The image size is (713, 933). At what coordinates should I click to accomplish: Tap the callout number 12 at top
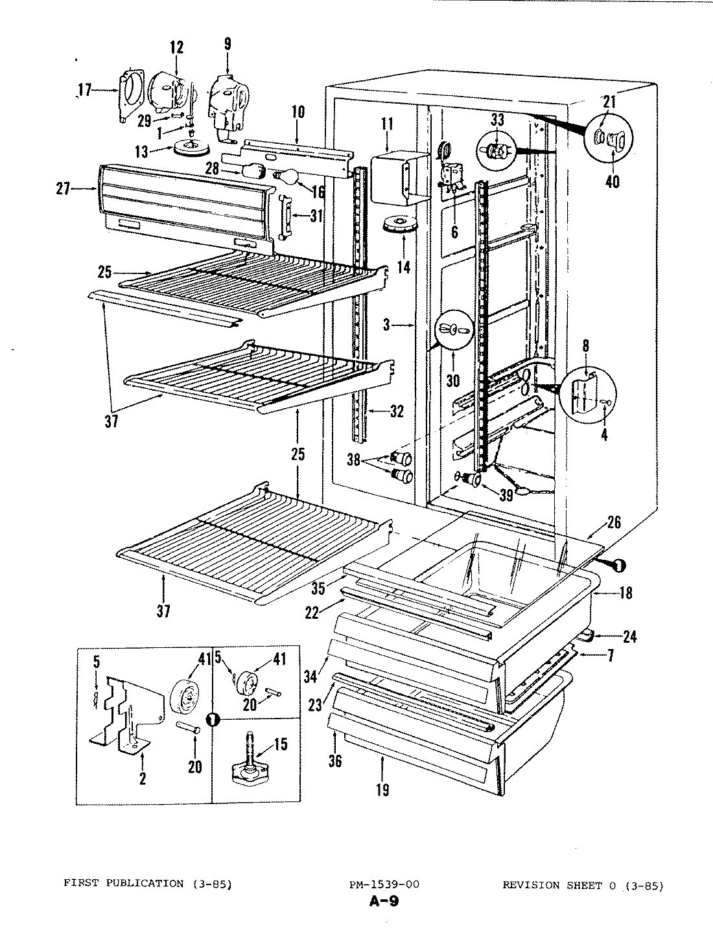pyautogui.click(x=177, y=47)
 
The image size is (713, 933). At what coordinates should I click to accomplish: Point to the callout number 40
pyautogui.click(x=612, y=181)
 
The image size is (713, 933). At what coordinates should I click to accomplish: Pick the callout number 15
pyautogui.click(x=280, y=744)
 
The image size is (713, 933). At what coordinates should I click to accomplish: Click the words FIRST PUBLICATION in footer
pyautogui.click(x=121, y=884)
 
